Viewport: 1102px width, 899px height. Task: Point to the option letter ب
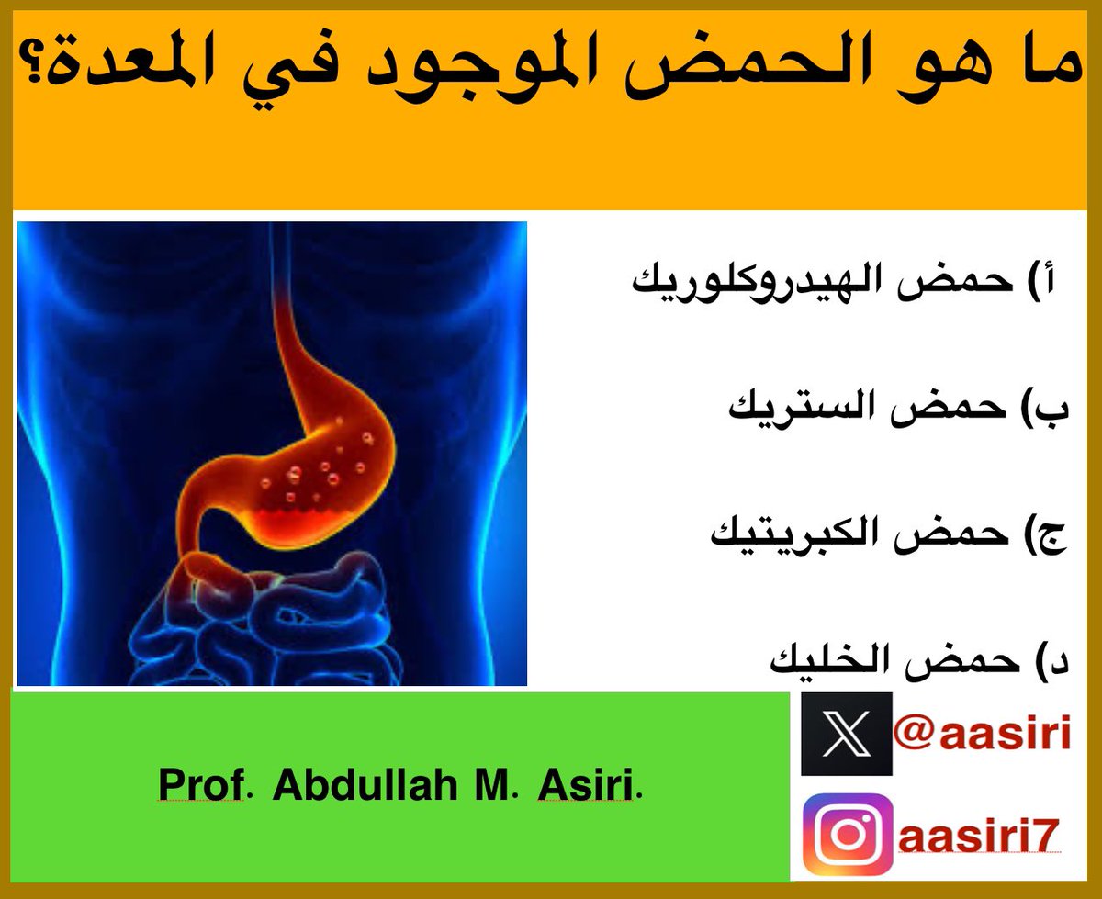1056,410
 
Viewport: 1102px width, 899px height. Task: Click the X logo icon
833,734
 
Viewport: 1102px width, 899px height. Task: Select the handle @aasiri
982,734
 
